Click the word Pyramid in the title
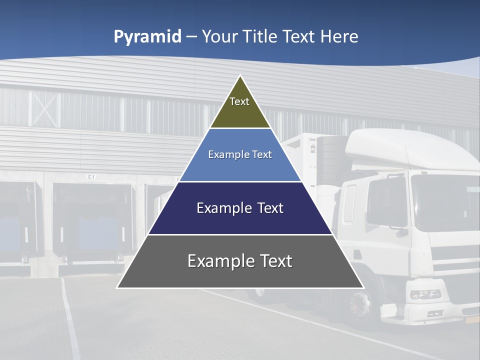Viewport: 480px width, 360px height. coord(147,37)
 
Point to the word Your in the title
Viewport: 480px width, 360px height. coord(218,36)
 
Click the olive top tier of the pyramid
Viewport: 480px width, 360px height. coord(240,108)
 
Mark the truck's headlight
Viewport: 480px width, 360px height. coord(425,294)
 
